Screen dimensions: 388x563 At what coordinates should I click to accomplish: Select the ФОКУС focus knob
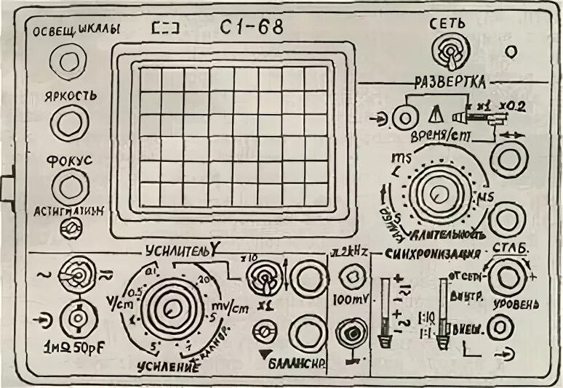point(69,187)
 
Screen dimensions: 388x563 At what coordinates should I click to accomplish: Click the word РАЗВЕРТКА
point(450,81)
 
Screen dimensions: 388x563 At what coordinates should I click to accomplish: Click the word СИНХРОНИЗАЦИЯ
point(434,254)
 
